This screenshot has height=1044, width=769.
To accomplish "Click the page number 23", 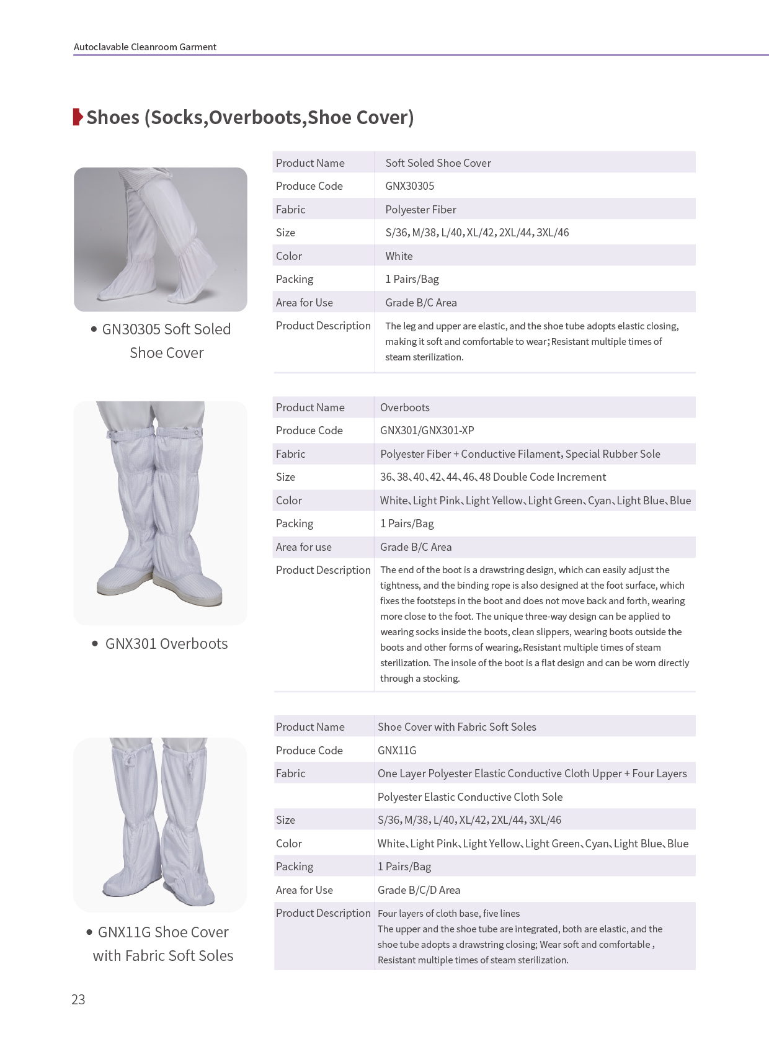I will click(x=78, y=999).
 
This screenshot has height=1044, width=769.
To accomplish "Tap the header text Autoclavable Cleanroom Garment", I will click(x=144, y=47).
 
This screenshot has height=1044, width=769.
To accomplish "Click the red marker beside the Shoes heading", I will click(x=78, y=117).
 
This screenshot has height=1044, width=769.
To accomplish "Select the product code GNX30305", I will click(x=409, y=186).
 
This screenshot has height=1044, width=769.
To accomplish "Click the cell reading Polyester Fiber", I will click(x=420, y=210).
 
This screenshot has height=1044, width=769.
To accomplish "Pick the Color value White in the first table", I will click(x=399, y=256).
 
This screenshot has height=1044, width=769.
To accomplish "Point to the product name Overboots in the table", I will click(x=404, y=408).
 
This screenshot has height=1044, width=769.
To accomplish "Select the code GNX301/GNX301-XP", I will click(x=427, y=431).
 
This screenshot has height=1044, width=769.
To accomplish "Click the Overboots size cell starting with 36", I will click(x=492, y=477).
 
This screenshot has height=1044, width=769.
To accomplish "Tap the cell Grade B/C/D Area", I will click(x=419, y=890).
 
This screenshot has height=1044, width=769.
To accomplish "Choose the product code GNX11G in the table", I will click(x=397, y=751).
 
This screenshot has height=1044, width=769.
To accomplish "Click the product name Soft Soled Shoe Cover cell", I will click(x=438, y=163).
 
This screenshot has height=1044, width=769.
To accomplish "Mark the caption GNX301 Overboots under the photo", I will click(x=166, y=644).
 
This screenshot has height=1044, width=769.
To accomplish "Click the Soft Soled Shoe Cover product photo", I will click(x=160, y=239).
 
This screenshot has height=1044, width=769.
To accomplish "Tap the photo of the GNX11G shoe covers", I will click(x=160, y=824).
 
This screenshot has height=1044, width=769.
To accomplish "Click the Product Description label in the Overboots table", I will click(x=323, y=570).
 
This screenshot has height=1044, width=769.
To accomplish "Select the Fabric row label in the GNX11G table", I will click(x=290, y=774).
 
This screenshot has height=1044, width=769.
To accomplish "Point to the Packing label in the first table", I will click(x=295, y=279).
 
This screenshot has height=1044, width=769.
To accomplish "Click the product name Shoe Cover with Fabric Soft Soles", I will click(x=456, y=727).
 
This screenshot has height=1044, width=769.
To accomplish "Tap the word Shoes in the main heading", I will click(x=113, y=117).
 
